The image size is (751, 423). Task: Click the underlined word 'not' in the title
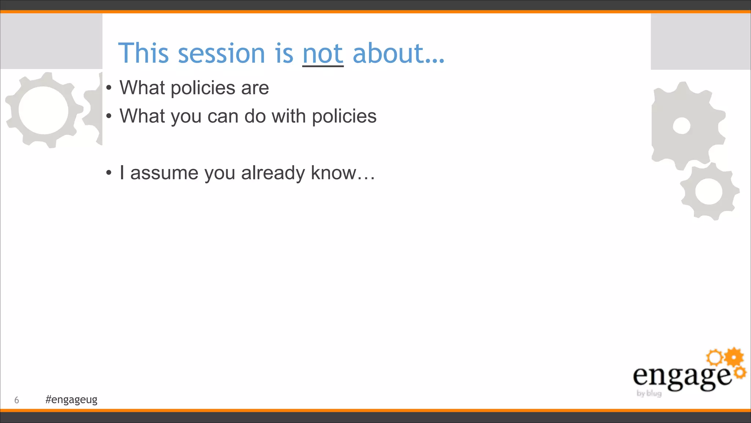point(323,54)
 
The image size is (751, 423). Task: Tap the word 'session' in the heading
point(221,54)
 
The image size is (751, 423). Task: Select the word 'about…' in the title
point(399,54)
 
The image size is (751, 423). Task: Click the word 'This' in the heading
point(143,54)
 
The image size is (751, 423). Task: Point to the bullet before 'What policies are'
point(109,88)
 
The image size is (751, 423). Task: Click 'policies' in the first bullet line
point(203,88)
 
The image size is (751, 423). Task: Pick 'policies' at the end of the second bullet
point(344,116)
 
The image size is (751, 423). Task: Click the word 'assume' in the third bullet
point(164,173)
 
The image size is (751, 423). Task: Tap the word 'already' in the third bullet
point(273,173)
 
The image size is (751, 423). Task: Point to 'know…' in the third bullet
point(343,173)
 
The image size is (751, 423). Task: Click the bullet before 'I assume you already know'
point(109,173)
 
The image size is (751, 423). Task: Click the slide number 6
point(17,400)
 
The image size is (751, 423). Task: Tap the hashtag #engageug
point(72,399)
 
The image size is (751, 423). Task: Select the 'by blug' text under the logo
point(649,394)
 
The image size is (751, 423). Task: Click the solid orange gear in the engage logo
point(734,357)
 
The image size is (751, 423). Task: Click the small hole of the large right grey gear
point(682,126)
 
